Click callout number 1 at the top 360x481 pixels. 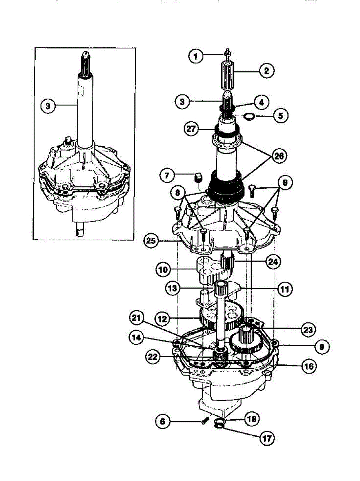[196, 57]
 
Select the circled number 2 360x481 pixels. [266, 71]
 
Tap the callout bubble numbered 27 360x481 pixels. [192, 129]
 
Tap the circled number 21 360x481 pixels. [137, 319]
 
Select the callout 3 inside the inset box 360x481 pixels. [49, 106]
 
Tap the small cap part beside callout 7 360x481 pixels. [198, 176]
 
